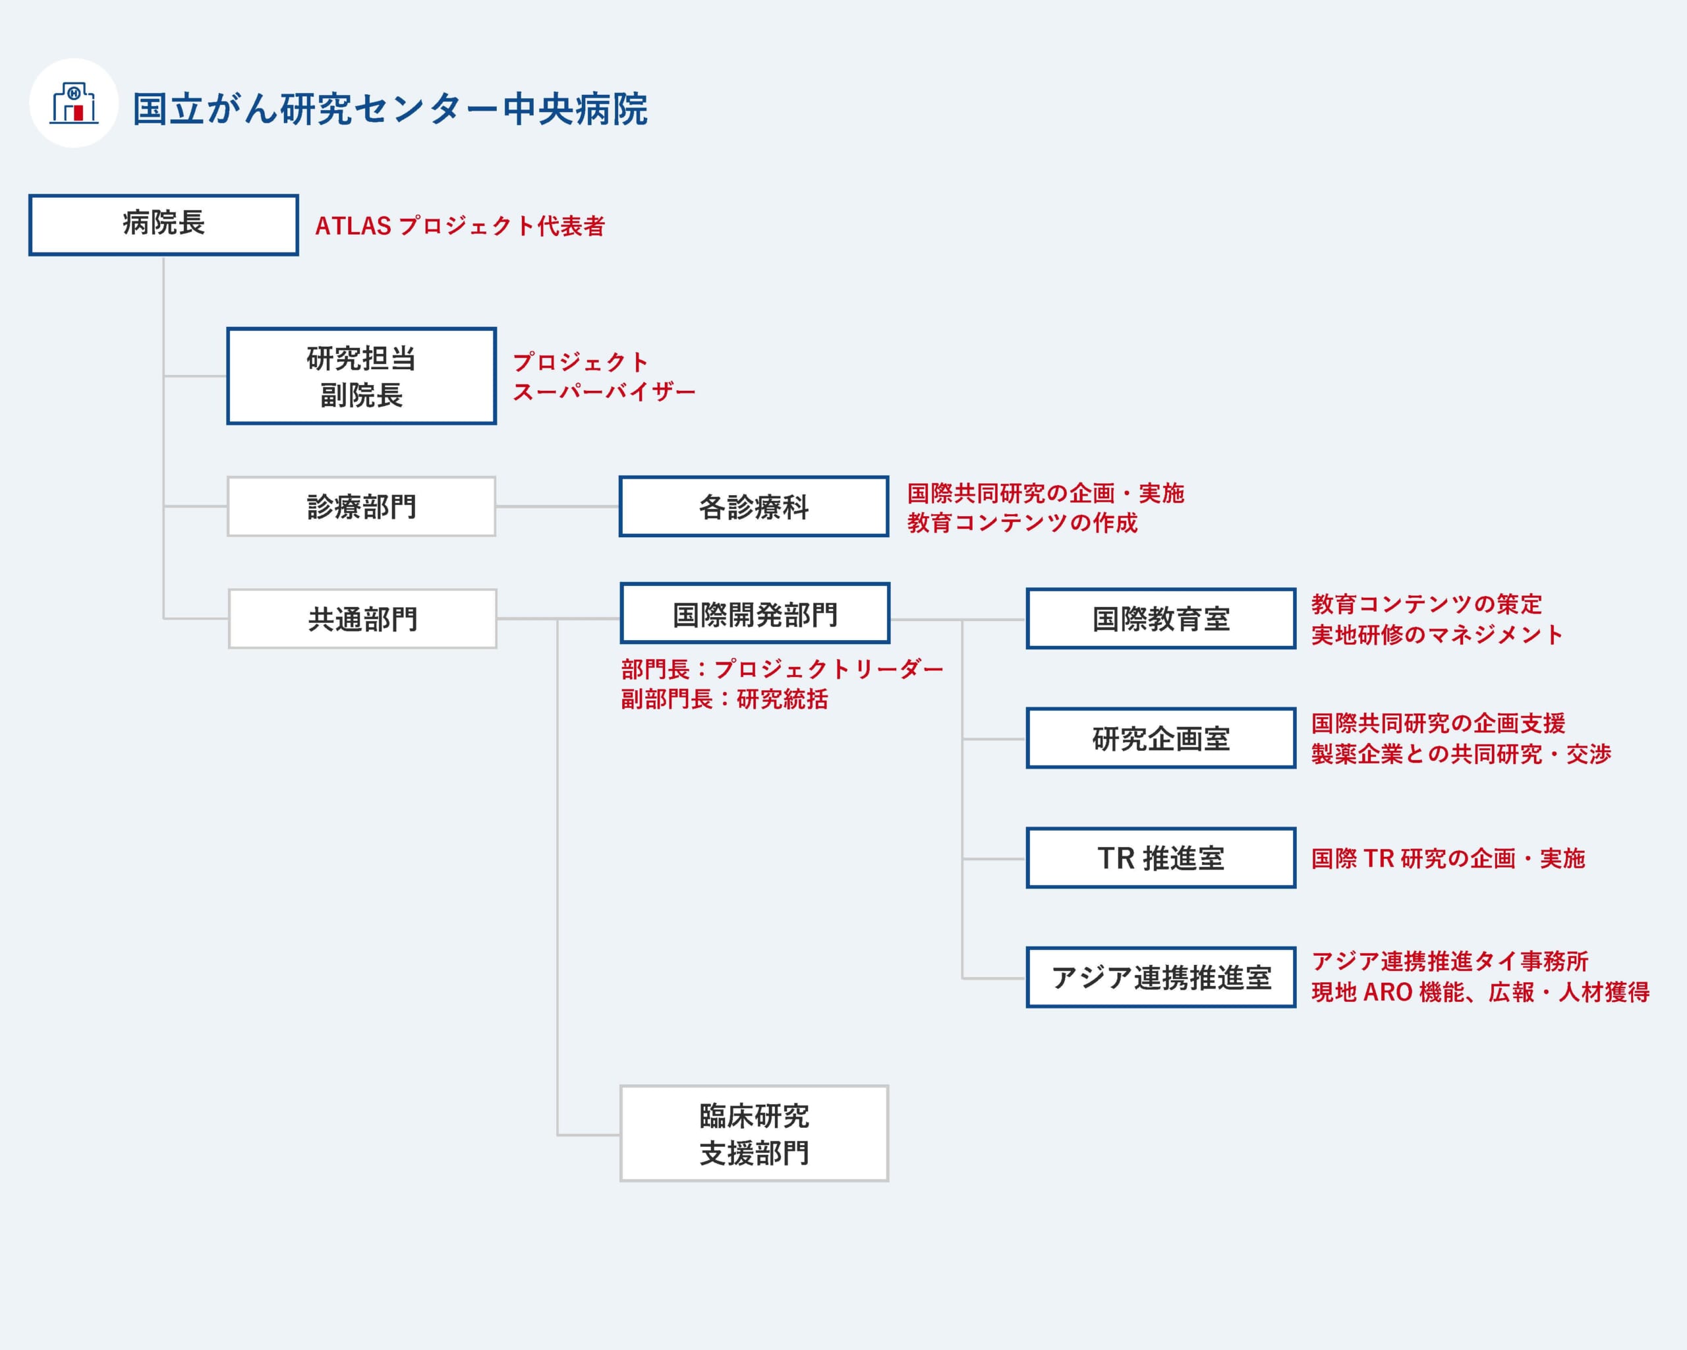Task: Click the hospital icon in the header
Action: pos(74,103)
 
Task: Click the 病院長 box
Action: pos(163,225)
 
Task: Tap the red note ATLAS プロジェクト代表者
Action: pos(460,226)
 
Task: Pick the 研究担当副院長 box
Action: pos(362,376)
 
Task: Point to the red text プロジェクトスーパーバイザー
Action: pos(603,376)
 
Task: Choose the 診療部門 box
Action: pos(362,506)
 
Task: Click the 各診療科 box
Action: pos(753,506)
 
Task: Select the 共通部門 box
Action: pos(362,618)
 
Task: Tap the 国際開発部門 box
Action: pos(755,613)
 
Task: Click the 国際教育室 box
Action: pos(1161,618)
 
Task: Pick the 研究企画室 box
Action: pos(1161,738)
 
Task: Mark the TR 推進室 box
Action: pos(1161,858)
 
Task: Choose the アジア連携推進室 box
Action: pos(1161,978)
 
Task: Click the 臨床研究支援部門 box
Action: pos(755,1133)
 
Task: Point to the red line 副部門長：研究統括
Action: pos(725,699)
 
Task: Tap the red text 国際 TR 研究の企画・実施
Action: pos(1448,858)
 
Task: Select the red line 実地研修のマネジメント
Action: pos(1437,635)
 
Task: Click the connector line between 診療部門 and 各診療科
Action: pos(557,506)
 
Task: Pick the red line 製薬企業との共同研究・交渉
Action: pos(1462,753)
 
